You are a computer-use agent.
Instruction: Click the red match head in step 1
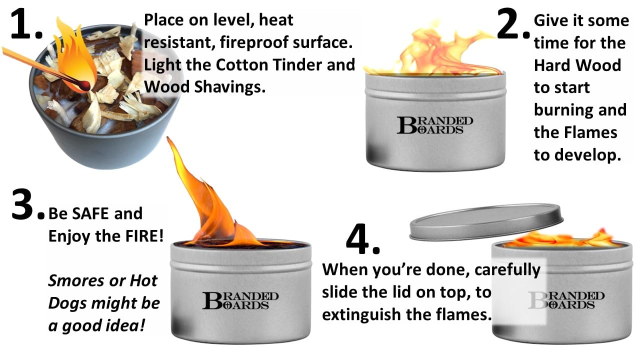(85, 85)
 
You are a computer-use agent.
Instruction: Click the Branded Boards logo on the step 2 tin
(435, 125)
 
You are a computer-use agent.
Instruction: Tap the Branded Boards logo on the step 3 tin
(240, 300)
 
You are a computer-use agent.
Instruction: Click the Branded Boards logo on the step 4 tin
(566, 300)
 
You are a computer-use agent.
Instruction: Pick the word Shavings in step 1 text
(229, 87)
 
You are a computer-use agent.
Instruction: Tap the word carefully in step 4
(507, 269)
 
